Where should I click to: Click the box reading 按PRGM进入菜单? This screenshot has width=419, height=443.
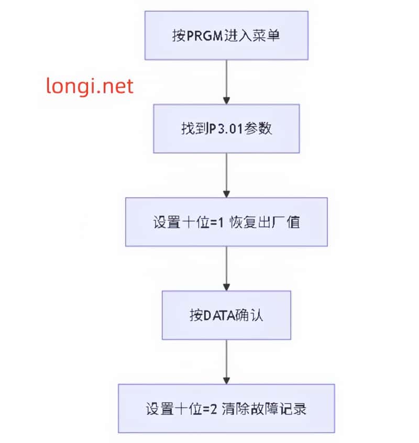226,35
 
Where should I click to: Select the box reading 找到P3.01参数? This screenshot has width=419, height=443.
226,128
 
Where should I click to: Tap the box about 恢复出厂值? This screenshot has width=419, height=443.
226,222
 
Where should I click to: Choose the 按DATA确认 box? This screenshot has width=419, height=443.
226,315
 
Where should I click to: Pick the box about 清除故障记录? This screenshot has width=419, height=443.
226,408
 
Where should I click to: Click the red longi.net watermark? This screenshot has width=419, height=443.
90,85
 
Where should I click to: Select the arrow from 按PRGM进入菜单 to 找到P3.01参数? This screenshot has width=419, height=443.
226,81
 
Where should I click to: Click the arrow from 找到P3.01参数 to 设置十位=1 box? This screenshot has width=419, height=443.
226,175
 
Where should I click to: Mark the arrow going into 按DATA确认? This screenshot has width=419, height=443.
226,268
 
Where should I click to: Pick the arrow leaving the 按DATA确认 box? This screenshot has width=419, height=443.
226,362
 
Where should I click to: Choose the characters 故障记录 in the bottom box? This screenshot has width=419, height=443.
279,409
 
